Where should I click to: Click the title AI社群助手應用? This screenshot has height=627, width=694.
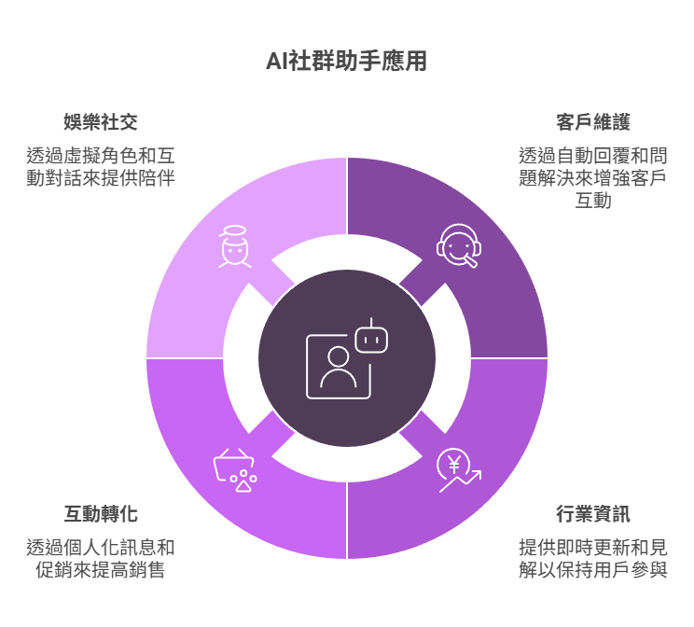coord(347,62)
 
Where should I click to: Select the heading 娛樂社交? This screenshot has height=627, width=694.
coord(101,122)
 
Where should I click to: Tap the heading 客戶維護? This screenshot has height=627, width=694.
coord(592,122)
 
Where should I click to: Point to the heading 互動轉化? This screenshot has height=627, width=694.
coord(101,514)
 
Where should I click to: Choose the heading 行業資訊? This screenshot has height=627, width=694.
coord(592,514)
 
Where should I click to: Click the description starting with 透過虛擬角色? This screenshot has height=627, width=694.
coord(101,165)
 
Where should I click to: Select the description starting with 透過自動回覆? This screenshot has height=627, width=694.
coord(592,177)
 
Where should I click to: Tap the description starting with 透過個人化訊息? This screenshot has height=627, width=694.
coord(101,557)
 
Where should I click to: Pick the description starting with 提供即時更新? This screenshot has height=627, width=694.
coord(592,557)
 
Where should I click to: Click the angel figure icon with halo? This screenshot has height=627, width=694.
coord(234,246)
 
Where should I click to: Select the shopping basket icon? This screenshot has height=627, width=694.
coord(235,469)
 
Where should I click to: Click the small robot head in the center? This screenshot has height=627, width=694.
coord(371,337)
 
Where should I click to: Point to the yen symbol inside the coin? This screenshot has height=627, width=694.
coord(454,464)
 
